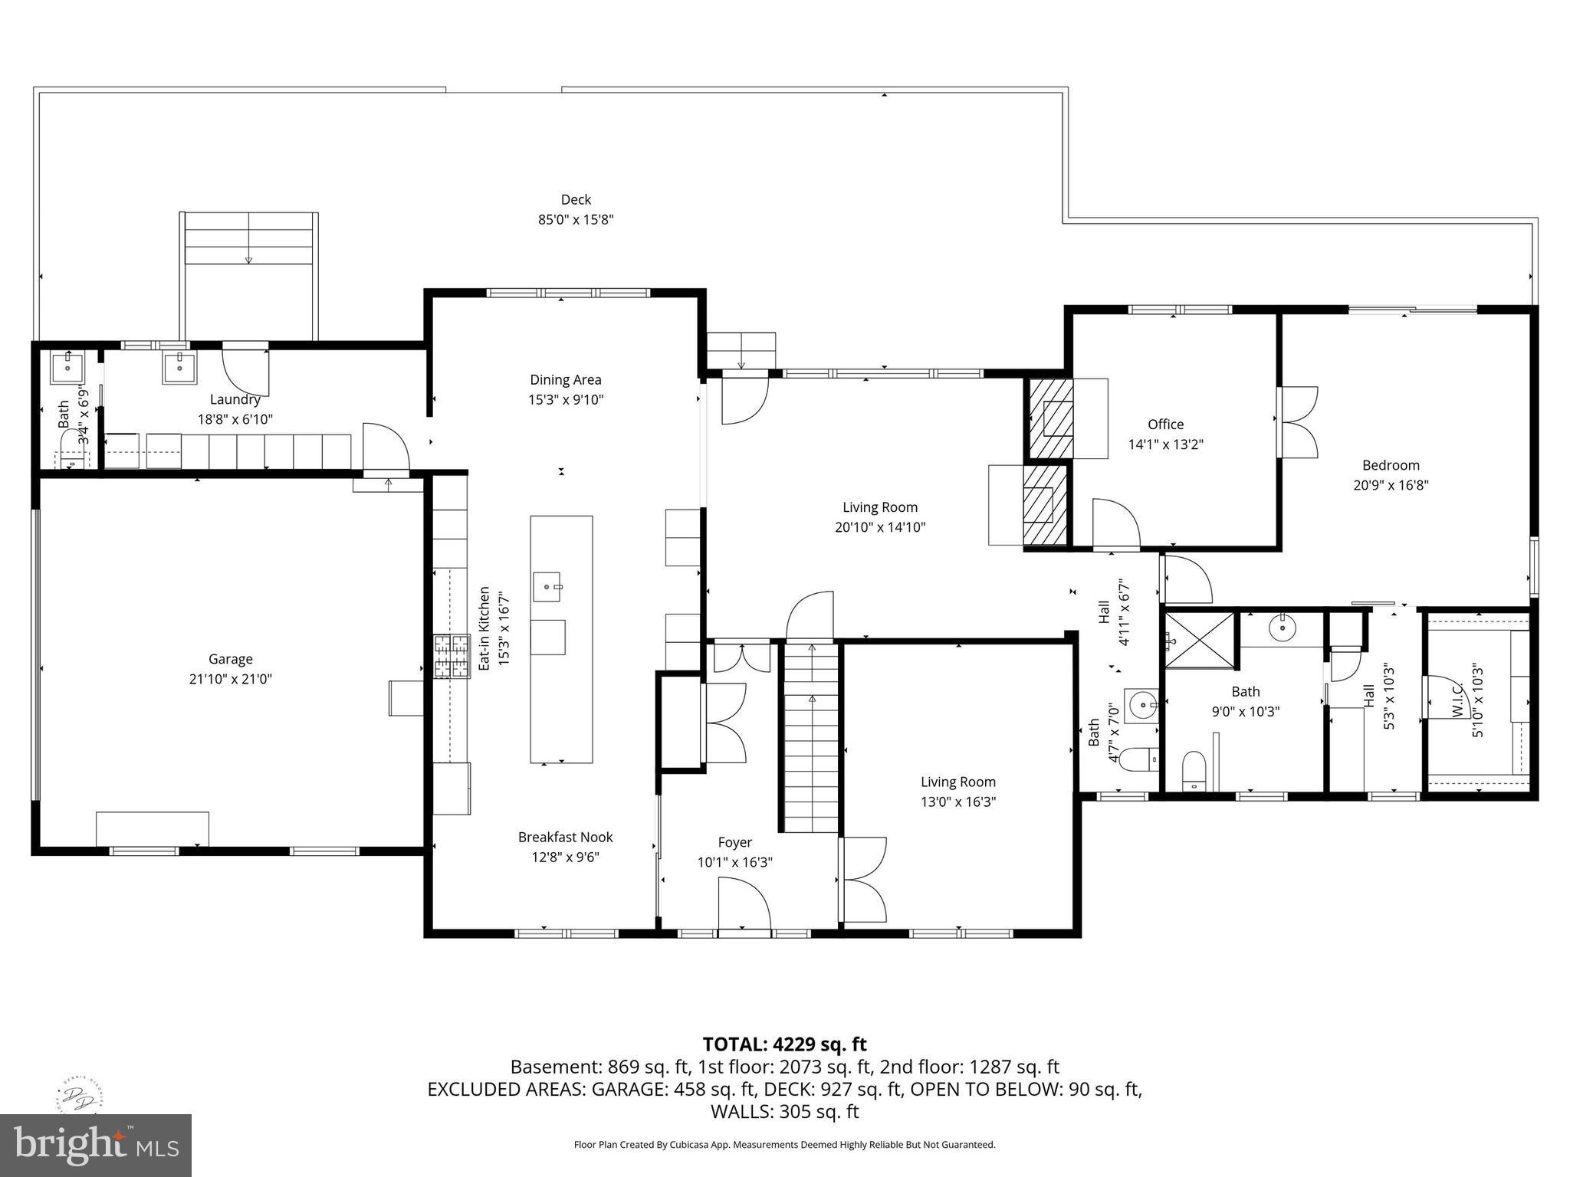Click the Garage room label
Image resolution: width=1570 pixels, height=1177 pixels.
point(230,659)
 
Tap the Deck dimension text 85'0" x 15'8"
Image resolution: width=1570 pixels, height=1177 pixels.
point(576,220)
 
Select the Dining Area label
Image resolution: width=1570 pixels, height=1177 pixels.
point(565,380)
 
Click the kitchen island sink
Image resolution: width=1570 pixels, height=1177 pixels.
point(548,587)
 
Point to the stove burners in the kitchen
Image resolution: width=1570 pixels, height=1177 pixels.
point(452,657)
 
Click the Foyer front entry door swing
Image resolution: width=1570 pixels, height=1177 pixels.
point(744,904)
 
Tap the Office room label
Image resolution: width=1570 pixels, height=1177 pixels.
point(1165,425)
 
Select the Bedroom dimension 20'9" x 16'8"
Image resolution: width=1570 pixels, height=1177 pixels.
point(1391,485)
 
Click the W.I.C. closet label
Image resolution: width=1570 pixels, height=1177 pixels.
point(1457,700)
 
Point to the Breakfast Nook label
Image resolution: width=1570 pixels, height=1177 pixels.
point(565,838)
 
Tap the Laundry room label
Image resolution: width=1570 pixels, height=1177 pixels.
point(235,399)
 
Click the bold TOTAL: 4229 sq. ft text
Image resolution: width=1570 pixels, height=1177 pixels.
point(784,1044)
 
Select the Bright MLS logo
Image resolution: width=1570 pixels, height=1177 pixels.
point(95,1145)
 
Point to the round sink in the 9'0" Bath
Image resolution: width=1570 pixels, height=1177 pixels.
point(1282,628)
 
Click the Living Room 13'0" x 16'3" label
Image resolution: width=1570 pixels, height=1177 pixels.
point(958,792)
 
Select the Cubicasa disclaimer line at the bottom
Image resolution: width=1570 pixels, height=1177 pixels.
point(784,1145)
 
